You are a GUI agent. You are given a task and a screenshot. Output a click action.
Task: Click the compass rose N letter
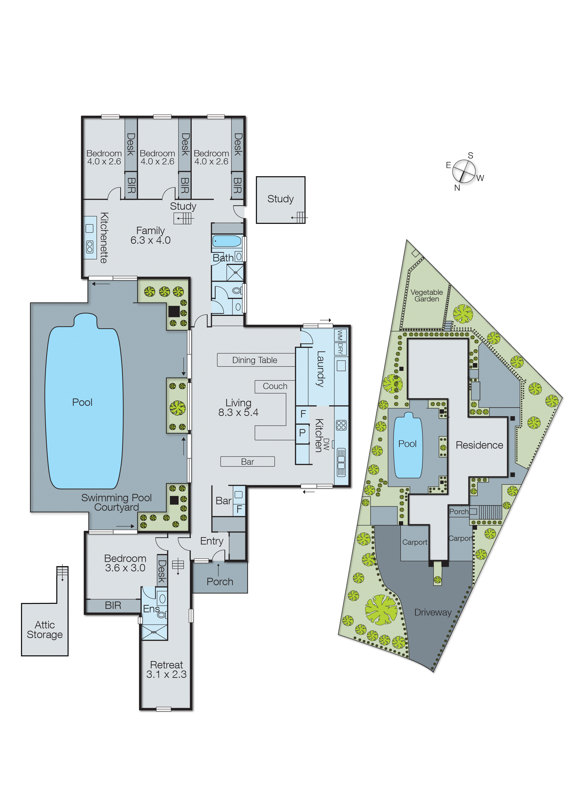click(457, 188)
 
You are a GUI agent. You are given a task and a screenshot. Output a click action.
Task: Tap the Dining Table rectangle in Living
click(255, 360)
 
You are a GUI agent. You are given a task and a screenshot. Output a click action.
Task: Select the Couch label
click(275, 386)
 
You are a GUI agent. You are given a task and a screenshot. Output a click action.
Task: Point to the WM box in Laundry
click(340, 335)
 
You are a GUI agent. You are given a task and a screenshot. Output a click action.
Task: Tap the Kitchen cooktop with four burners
click(341, 425)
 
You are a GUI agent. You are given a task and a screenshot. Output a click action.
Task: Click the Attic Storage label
click(45, 630)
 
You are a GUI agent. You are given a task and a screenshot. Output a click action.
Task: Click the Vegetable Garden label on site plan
click(426, 296)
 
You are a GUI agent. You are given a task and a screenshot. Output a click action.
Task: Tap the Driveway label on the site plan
click(433, 612)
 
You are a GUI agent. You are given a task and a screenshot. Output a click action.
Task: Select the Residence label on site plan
click(479, 445)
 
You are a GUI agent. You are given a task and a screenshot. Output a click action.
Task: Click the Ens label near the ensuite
click(151, 609)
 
